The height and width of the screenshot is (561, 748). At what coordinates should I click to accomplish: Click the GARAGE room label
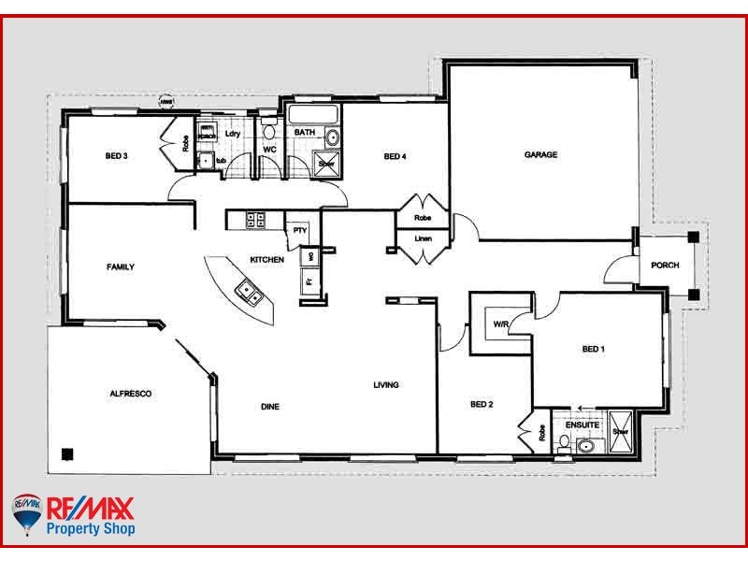pos(540,155)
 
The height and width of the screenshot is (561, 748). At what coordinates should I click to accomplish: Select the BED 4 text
pos(396,156)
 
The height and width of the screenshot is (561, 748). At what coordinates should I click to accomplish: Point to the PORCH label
pos(665,265)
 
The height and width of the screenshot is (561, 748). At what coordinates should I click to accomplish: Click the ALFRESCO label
pos(130,394)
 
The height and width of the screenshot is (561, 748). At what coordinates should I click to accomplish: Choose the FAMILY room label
pos(120,267)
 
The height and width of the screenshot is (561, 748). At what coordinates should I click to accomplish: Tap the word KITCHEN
pos(266,259)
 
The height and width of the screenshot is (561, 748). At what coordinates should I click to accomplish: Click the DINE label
pos(270,407)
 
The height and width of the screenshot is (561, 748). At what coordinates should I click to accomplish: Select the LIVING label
pos(386,385)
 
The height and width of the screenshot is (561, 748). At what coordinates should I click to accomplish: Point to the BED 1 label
pos(594,350)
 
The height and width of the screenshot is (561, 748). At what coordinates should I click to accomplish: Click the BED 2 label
pos(481,405)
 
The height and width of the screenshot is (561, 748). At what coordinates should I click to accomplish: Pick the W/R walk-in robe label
pos(500,324)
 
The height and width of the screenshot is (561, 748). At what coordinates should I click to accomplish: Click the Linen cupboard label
pos(424,238)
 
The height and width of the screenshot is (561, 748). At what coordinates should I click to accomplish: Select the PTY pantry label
pos(299,229)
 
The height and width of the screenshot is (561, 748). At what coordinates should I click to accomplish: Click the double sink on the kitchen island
pos(250,293)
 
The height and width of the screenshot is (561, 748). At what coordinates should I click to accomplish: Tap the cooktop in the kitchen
pos(254,221)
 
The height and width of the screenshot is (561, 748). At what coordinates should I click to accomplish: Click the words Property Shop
pos(91,529)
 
